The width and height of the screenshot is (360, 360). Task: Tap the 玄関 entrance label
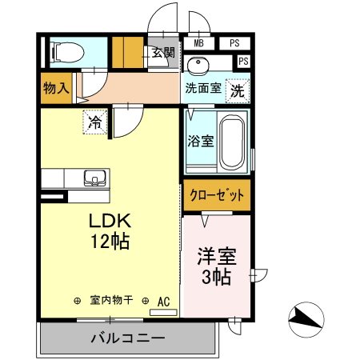pyautogui.click(x=163, y=53)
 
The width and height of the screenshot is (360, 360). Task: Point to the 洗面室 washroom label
pyautogui.click(x=203, y=89)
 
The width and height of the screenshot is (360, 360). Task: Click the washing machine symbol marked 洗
pyautogui.click(x=237, y=90)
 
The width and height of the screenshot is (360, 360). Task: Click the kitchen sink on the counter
pyautogui.click(x=94, y=178)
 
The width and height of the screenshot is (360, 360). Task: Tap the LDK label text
pyautogui.click(x=110, y=220)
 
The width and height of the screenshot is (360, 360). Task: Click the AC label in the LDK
pyautogui.click(x=163, y=301)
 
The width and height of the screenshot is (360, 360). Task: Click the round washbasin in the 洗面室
pyautogui.click(x=197, y=66)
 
